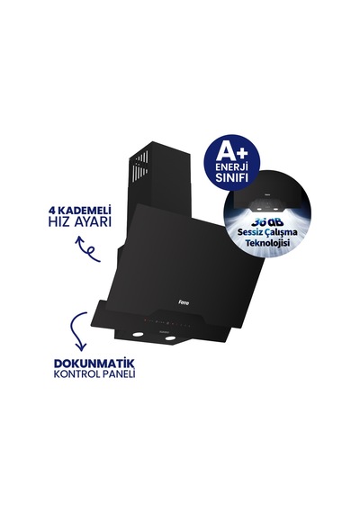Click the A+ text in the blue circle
click(x=231, y=152)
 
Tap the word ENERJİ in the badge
click(x=231, y=167)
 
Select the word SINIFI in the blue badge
click(x=231, y=177)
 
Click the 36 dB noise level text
click(x=267, y=222)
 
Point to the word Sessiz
click(x=249, y=233)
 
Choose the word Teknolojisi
click(x=267, y=243)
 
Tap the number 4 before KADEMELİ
click(x=51, y=210)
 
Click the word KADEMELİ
click(x=84, y=210)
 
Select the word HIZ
click(x=58, y=221)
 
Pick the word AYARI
click(x=93, y=221)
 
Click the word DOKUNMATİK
click(x=94, y=364)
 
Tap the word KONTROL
click(x=76, y=374)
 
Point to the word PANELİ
click(x=118, y=374)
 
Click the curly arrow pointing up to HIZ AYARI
click(x=87, y=250)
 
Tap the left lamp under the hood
click(x=138, y=335)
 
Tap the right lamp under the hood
click(x=170, y=338)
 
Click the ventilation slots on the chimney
click(x=141, y=166)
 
